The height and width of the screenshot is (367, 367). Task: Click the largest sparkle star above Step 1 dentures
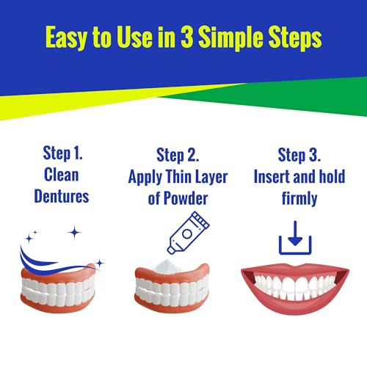click(x=73, y=232)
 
